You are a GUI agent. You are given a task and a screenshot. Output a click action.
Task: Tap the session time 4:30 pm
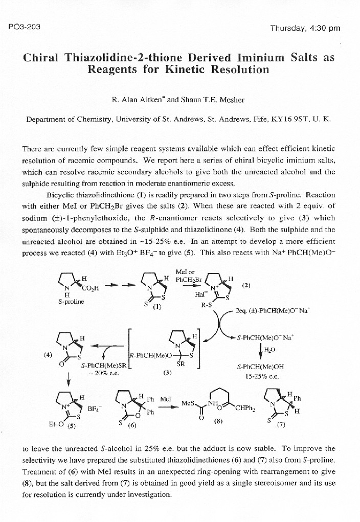tap(325, 28)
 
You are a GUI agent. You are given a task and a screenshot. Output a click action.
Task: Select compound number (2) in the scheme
tap(246, 286)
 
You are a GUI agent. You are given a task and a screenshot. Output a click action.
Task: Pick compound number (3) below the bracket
tap(167, 373)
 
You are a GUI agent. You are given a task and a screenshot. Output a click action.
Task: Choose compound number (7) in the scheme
tap(281, 424)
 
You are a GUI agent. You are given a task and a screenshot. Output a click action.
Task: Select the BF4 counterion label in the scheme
tap(94, 409)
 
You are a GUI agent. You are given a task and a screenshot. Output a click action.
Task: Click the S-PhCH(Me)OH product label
tap(260, 367)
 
